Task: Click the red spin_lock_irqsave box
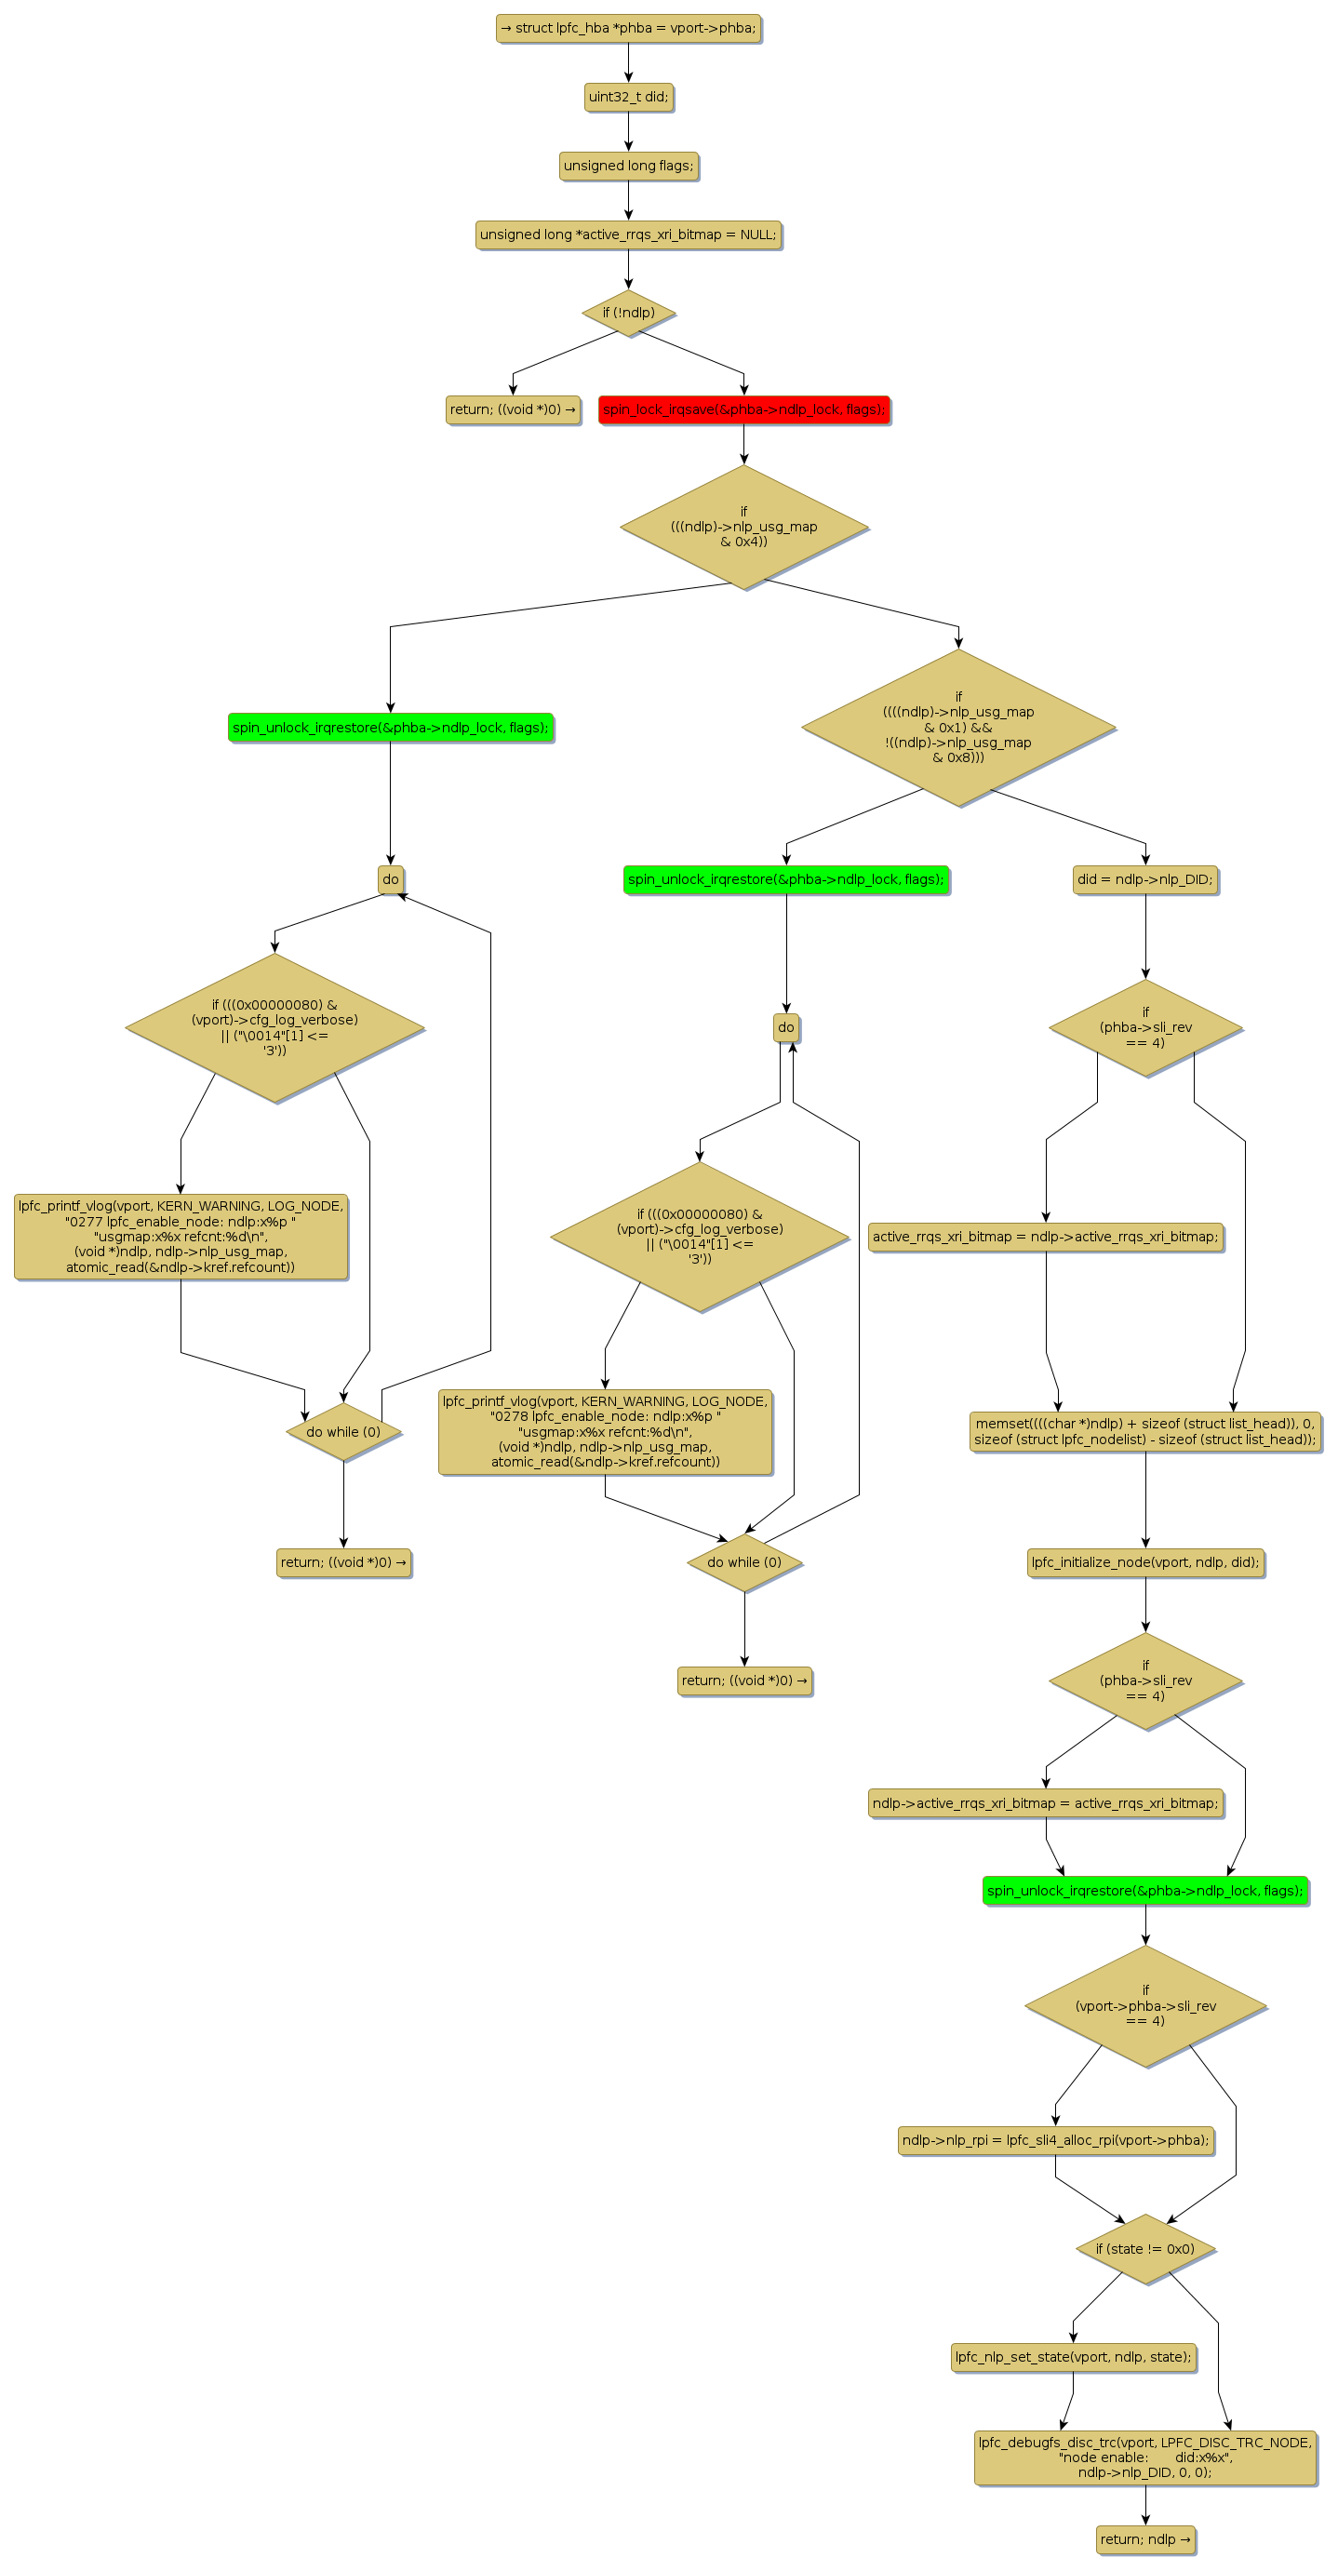click(743, 409)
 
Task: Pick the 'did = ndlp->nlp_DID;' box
click(1144, 879)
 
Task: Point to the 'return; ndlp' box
click(1144, 2539)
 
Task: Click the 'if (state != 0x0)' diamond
click(1144, 2249)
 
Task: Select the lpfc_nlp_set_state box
click(1073, 2356)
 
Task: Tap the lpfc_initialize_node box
click(1144, 1562)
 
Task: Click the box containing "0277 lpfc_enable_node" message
click(181, 1236)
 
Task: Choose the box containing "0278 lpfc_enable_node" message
click(605, 1431)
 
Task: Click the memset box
click(1144, 1431)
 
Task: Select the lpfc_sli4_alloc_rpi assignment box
click(1056, 2140)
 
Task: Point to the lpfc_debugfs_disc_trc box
click(1144, 2457)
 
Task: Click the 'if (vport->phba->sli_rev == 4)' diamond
click(1144, 2005)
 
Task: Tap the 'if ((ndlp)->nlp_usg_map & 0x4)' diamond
click(743, 526)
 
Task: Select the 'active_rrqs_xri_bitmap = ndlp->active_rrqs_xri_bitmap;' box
click(1045, 1237)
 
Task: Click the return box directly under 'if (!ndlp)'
click(513, 409)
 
